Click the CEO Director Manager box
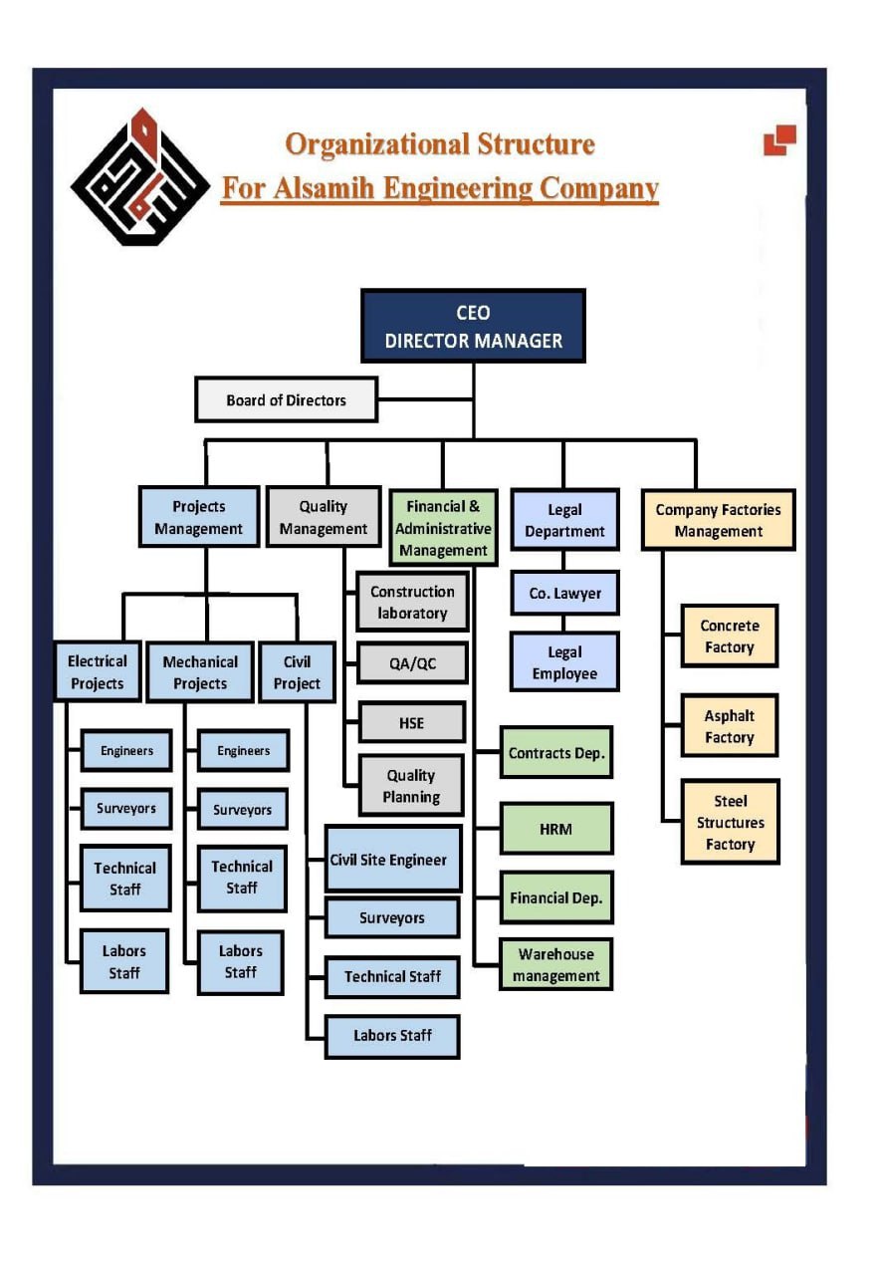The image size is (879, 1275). tap(473, 326)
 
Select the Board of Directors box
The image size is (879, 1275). tap(286, 399)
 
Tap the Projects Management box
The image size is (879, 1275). tap(199, 518)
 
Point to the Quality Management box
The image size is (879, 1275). tap(324, 518)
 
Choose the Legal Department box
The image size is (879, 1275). tap(564, 520)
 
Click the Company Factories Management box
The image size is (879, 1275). tap(718, 520)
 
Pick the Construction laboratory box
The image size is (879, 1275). tap(412, 603)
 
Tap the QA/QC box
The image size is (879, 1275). tap(412, 663)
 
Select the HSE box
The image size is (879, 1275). tap(412, 723)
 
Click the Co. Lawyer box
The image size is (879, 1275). tap(564, 594)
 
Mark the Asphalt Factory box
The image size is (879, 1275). tap(730, 726)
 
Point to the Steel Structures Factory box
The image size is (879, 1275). tap(730, 823)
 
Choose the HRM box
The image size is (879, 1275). tap(555, 829)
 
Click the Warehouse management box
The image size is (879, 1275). tap(555, 965)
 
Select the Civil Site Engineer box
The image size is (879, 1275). tap(393, 860)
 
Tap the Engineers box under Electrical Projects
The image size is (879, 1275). tap(126, 751)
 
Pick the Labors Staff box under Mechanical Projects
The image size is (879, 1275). tap(240, 962)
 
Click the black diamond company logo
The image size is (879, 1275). tap(140, 177)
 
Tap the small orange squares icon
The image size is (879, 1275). tap(780, 139)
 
